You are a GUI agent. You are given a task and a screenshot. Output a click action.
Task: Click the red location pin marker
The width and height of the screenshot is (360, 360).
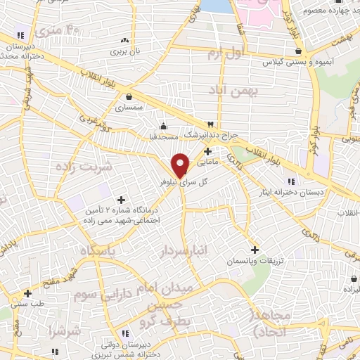tap(181, 165)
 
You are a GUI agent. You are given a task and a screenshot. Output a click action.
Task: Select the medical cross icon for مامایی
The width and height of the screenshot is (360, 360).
tap(207, 151)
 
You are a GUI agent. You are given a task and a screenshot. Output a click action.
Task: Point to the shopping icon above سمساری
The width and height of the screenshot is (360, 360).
tap(129, 97)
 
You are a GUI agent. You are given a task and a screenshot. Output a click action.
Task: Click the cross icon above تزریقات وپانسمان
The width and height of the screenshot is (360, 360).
tap(255, 250)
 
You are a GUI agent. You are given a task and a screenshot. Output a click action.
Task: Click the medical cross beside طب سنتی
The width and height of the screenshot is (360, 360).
tap(27, 293)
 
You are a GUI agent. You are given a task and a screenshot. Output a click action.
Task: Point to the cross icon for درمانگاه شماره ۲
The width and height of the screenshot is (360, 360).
tap(121, 200)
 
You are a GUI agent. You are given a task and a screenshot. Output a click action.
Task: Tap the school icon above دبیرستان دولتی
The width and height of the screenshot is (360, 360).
tap(125, 333)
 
